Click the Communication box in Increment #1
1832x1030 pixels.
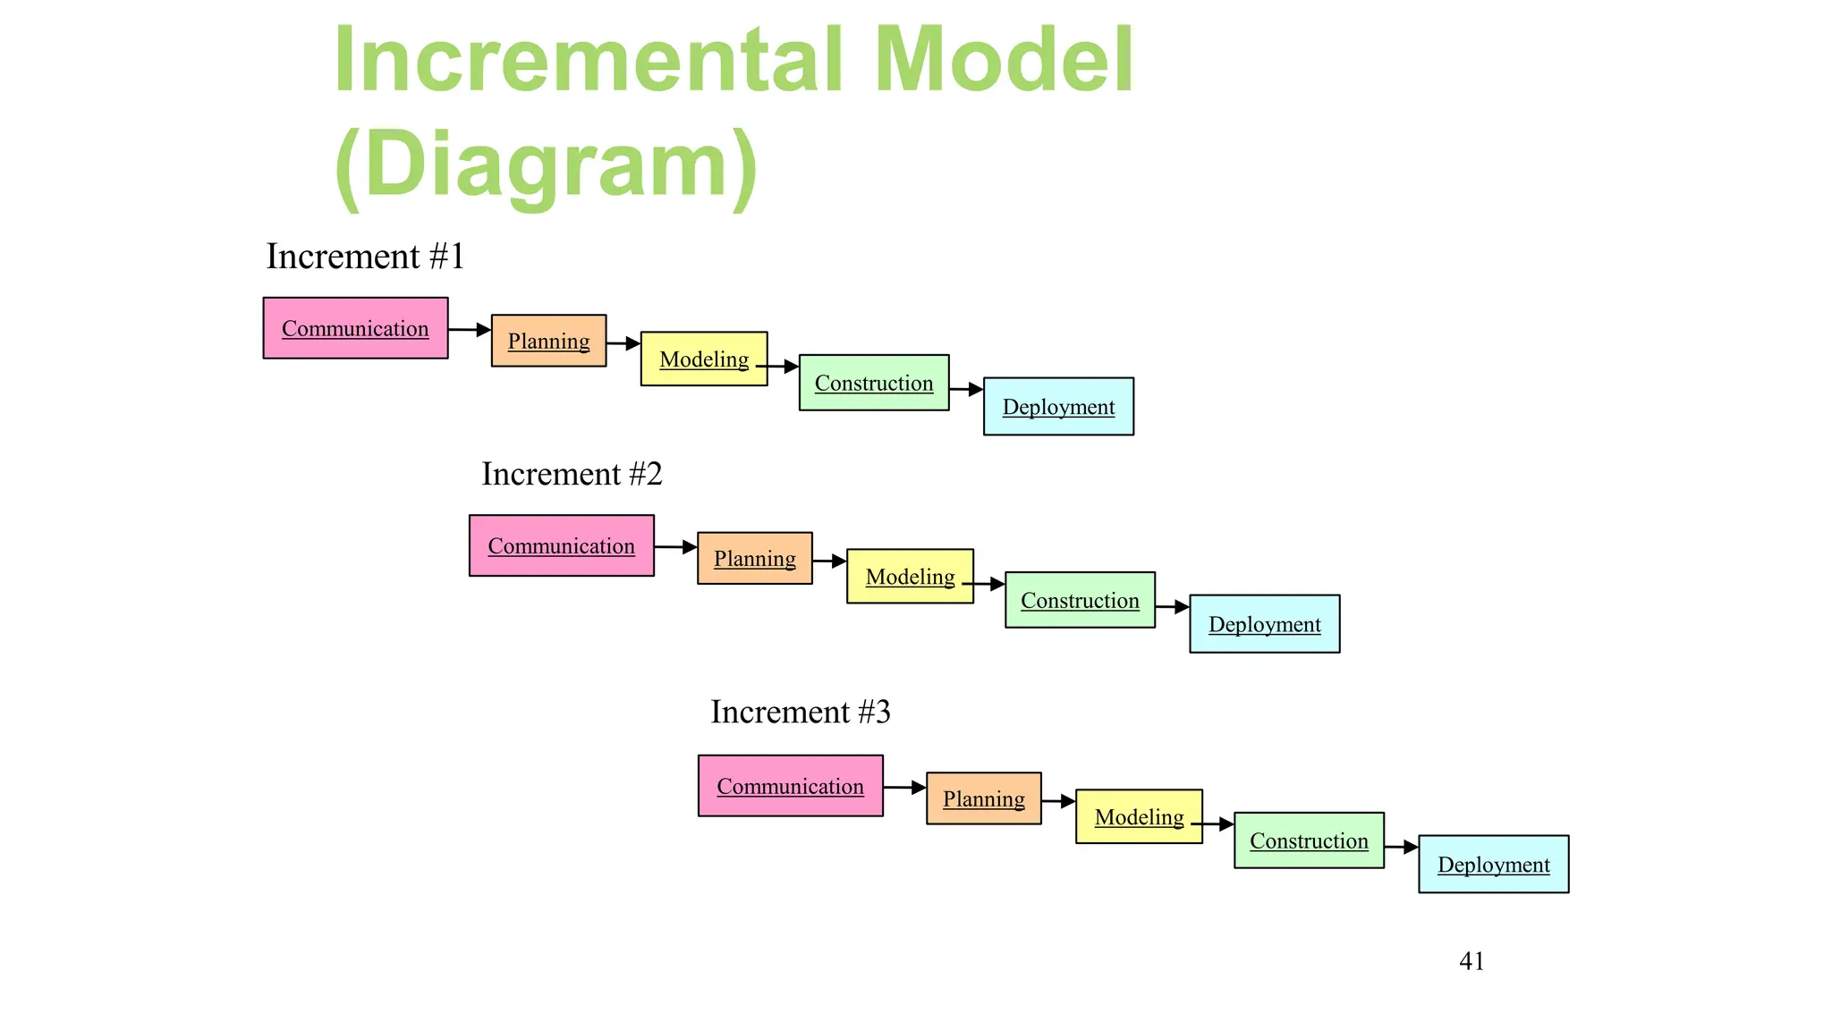tap(355, 328)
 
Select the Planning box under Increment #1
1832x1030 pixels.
tap(548, 341)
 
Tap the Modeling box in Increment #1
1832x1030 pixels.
tap(703, 359)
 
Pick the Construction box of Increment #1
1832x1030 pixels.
tap(873, 383)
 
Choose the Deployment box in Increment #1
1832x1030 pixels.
tap(1058, 407)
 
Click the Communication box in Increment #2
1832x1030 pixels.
tap(561, 545)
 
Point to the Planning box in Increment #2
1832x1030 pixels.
tap(754, 559)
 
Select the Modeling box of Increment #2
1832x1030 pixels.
tap(910, 577)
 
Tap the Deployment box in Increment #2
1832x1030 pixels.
tap(1264, 624)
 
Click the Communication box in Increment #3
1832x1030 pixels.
tap(790, 786)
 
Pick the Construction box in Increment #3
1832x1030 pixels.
tap(1309, 840)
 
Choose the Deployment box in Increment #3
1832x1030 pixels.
tap(1493, 865)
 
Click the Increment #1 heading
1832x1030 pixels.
tap(365, 257)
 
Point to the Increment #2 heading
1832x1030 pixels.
tap(572, 474)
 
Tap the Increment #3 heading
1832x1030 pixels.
tap(801, 712)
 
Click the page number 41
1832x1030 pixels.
tap(1472, 961)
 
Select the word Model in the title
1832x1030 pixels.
tap(1004, 59)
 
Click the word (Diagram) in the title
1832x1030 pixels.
tap(546, 165)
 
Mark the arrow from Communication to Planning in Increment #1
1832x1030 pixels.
tap(469, 330)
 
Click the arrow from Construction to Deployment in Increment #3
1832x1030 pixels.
tap(1401, 847)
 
